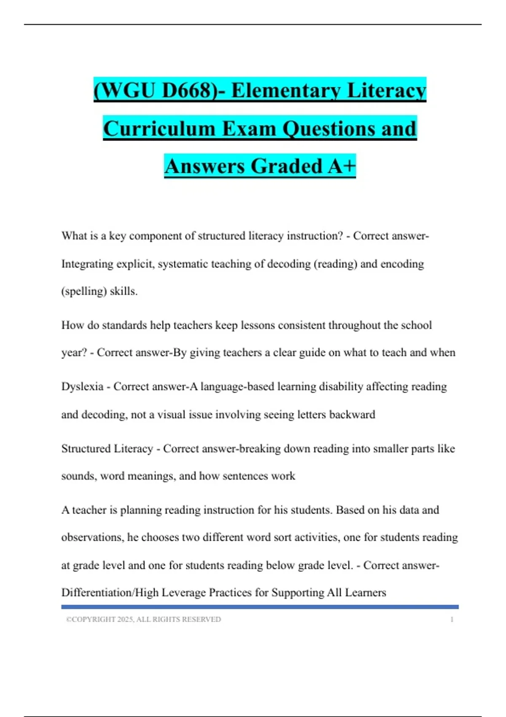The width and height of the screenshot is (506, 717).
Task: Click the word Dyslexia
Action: (82, 386)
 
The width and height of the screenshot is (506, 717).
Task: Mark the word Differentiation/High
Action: (110, 593)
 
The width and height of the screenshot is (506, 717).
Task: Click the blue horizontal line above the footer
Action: (260, 607)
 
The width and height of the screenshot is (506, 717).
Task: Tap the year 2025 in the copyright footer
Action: (125, 620)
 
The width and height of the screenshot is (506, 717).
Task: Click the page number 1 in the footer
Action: (452, 620)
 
